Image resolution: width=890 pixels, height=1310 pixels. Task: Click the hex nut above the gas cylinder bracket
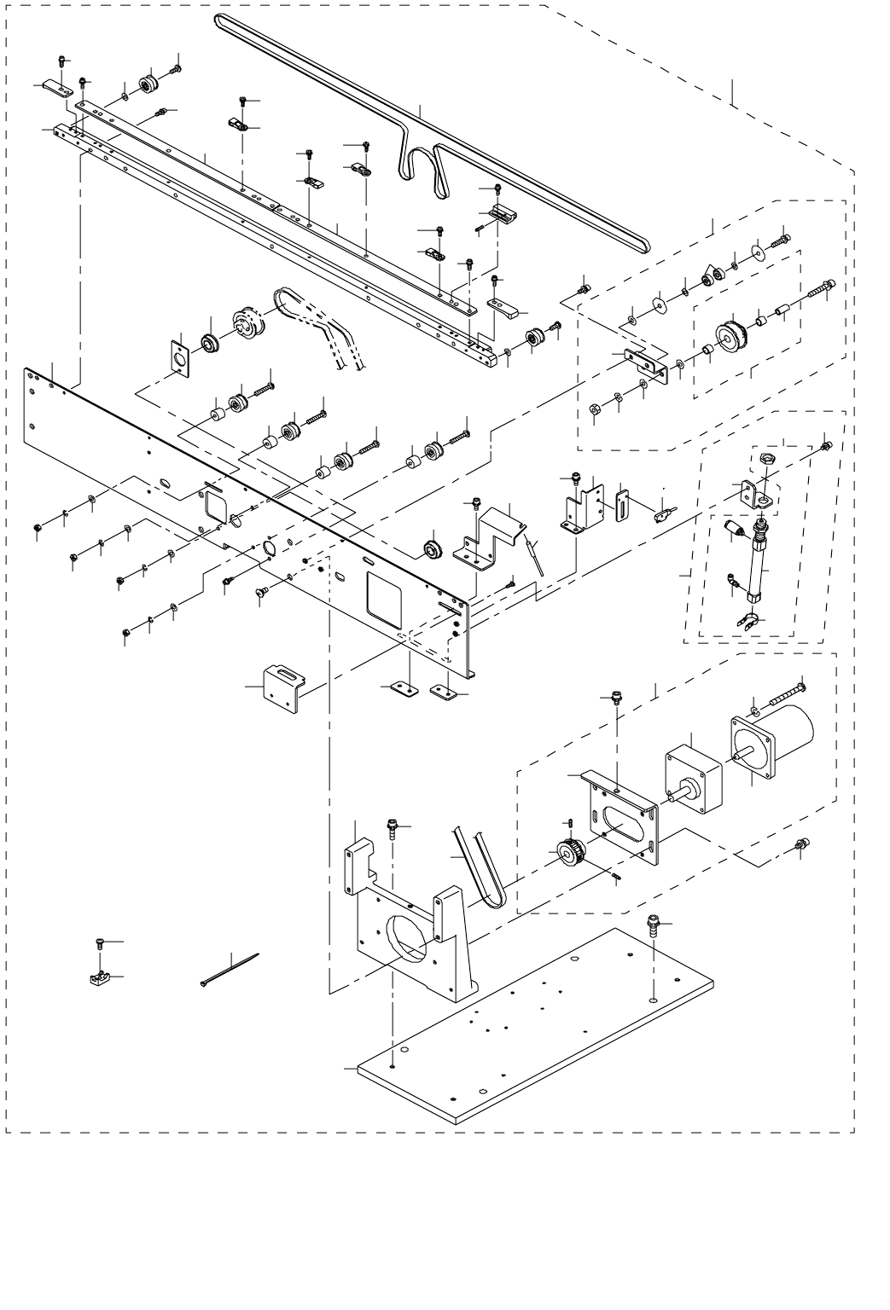coord(765,459)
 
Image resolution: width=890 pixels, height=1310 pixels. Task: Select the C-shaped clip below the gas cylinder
coord(745,623)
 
